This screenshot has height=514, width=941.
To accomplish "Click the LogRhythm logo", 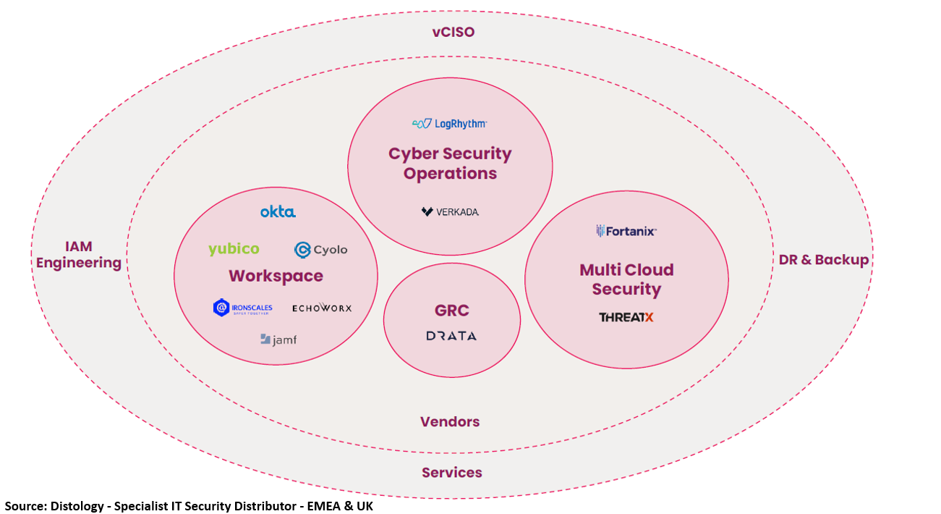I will pyautogui.click(x=449, y=124).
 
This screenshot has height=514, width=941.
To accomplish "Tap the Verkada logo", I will pyautogui.click(x=450, y=212).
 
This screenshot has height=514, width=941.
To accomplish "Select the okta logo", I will pyautogui.click(x=278, y=212).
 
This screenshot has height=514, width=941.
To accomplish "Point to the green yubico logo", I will pyautogui.click(x=234, y=249).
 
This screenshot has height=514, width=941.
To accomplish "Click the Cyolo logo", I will pyautogui.click(x=320, y=250).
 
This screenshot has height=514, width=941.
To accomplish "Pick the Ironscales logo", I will pyautogui.click(x=243, y=308).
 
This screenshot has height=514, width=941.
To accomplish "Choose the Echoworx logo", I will pyautogui.click(x=322, y=308).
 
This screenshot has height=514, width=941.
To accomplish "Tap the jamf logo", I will pyautogui.click(x=278, y=339).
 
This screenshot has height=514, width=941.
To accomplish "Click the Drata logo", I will pyautogui.click(x=451, y=336).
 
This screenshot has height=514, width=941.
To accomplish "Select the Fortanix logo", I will pyautogui.click(x=626, y=231).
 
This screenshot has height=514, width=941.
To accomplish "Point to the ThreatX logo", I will pyautogui.click(x=626, y=317).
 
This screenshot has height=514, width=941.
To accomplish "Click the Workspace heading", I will pyautogui.click(x=276, y=276).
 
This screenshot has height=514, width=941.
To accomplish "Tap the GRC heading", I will pyautogui.click(x=451, y=311).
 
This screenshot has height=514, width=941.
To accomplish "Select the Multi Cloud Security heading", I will pyautogui.click(x=626, y=279).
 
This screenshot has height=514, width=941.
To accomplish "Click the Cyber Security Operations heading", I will pyautogui.click(x=450, y=164).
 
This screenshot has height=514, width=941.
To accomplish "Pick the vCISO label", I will pyautogui.click(x=453, y=32).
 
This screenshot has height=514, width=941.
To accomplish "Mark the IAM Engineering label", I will pyautogui.click(x=79, y=255).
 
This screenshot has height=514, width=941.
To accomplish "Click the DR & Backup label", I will pyautogui.click(x=823, y=260).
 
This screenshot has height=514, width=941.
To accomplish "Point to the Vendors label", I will pyautogui.click(x=450, y=421).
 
